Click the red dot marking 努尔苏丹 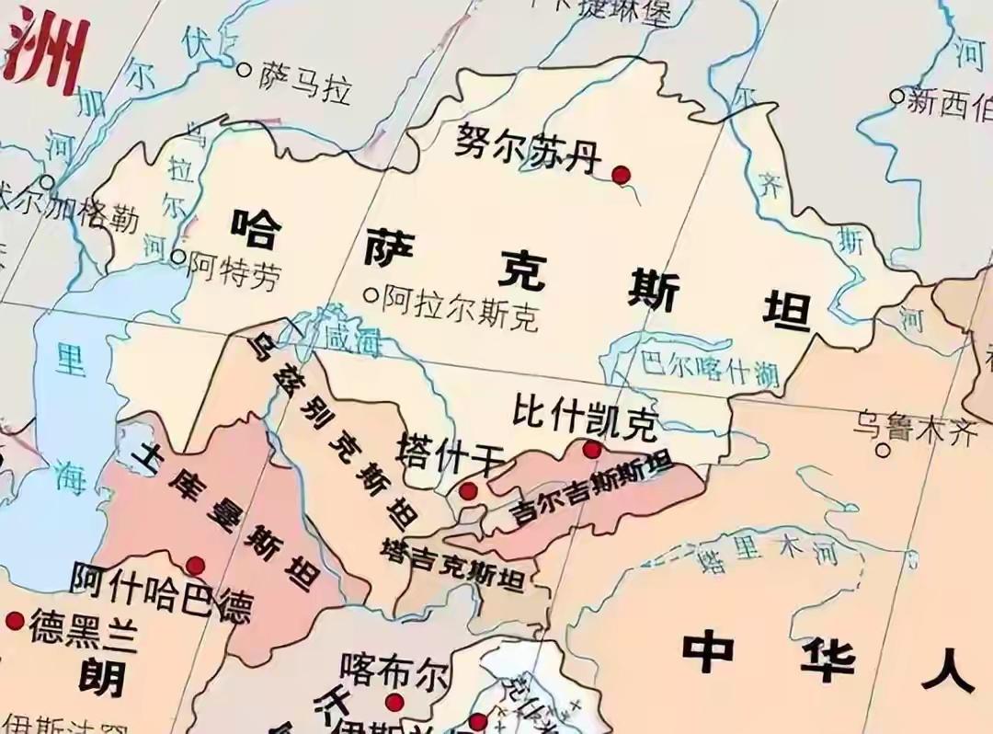(x=621, y=174)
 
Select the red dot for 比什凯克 (x=592, y=450)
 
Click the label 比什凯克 (x=585, y=419)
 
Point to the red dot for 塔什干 (x=468, y=491)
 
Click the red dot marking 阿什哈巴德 (x=195, y=566)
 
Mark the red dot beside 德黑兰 (x=14, y=621)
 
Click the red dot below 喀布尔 (x=394, y=704)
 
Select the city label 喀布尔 (x=394, y=671)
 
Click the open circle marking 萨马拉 (x=244, y=69)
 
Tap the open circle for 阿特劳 (x=178, y=258)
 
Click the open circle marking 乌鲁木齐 (x=884, y=450)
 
